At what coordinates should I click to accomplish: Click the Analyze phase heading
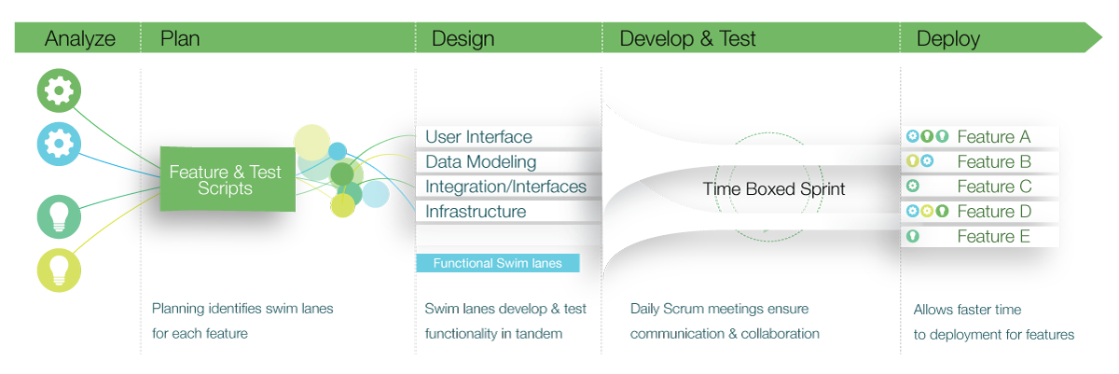pos(80,38)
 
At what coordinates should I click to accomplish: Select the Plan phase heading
pos(180,38)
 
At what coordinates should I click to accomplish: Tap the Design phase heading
pos(463,38)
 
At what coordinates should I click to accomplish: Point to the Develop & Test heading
pos(687,38)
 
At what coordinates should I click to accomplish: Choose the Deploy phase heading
pos(948,38)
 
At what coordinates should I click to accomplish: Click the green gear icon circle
pos(59,91)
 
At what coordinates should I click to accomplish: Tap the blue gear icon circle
pos(59,143)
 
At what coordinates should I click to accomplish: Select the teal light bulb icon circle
pos(59,216)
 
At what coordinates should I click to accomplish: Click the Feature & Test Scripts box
pos(227,179)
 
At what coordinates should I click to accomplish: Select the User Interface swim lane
pos(478,137)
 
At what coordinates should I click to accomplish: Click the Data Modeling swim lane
pos(480,162)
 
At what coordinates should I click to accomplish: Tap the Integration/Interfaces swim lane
pos(505,187)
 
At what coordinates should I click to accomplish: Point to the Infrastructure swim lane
pos(476,212)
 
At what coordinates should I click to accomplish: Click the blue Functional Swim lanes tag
pos(497,263)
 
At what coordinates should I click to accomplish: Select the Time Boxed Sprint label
pos(773,189)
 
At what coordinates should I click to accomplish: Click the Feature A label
pos(993,137)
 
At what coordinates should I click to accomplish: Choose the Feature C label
pos(994,187)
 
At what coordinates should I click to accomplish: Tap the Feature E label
pos(993,237)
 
